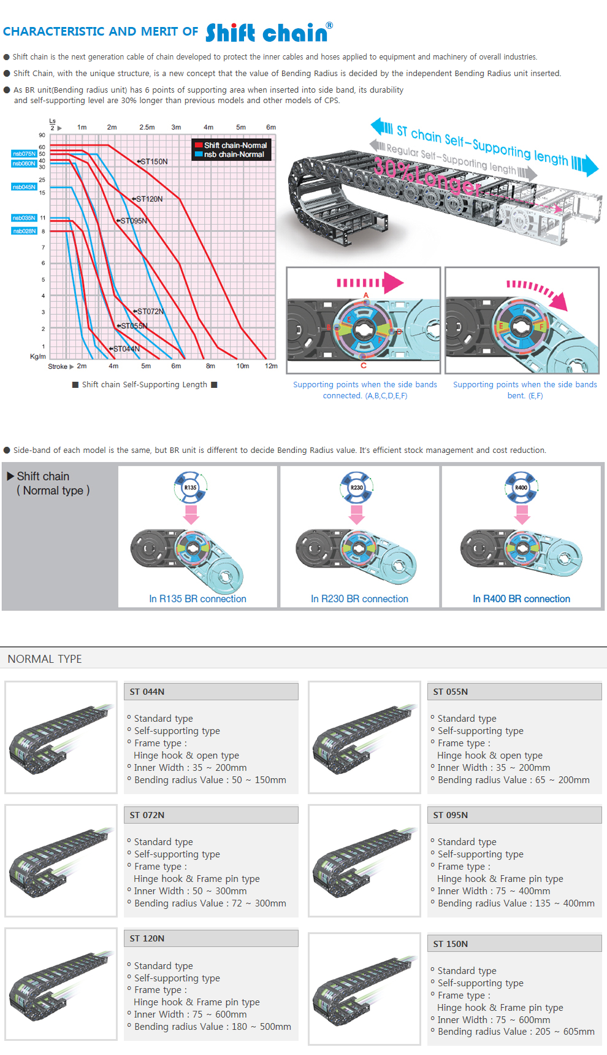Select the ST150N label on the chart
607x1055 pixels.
pyautogui.click(x=153, y=161)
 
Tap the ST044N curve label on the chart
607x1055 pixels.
pyautogui.click(x=126, y=349)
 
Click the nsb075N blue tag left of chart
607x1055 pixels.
pyautogui.click(x=24, y=153)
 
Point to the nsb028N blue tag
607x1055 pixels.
pyautogui.click(x=24, y=231)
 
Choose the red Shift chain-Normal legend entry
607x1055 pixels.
pyautogui.click(x=231, y=145)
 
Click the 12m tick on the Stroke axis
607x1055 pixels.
pyautogui.click(x=271, y=366)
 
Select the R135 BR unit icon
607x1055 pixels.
pyautogui.click(x=191, y=487)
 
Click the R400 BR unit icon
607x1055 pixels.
pyautogui.click(x=521, y=487)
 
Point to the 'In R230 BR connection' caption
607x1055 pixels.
pyautogui.click(x=359, y=599)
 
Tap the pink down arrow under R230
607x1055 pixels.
pyautogui.click(x=356, y=514)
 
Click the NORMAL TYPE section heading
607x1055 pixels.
pyautogui.click(x=45, y=659)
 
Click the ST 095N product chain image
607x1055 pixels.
pyautogui.click(x=364, y=860)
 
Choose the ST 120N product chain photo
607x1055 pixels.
pyautogui.click(x=61, y=984)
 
